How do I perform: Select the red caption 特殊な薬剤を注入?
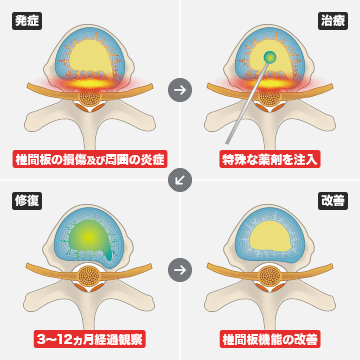[x=269, y=158]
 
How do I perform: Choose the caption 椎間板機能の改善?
[x=269, y=339]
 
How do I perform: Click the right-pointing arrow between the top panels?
[x=180, y=89]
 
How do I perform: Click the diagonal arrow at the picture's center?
[x=180, y=180]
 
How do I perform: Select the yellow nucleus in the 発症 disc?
[x=90, y=56]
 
